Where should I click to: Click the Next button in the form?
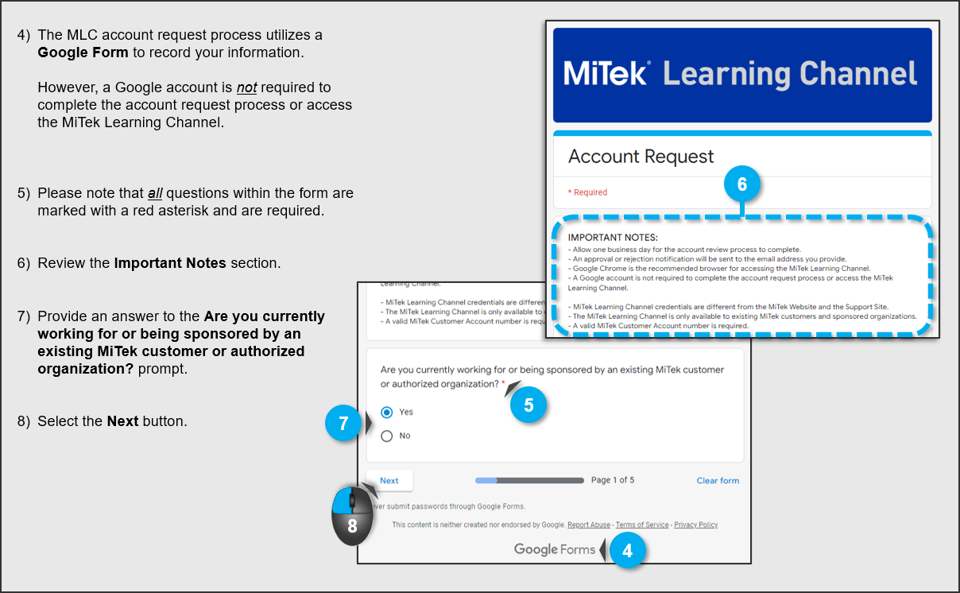(x=389, y=480)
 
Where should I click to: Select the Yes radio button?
(x=387, y=412)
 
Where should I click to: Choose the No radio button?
(x=387, y=436)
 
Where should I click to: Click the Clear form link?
(x=718, y=480)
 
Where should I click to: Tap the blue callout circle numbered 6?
(x=742, y=184)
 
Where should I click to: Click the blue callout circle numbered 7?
(x=343, y=424)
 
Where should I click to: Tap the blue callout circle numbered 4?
(x=628, y=550)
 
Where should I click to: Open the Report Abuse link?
(x=589, y=525)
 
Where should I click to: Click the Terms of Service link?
(x=642, y=525)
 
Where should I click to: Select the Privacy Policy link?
(x=695, y=525)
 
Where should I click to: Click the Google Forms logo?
(x=555, y=549)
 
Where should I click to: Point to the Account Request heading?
(x=641, y=157)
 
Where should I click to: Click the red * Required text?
(x=587, y=192)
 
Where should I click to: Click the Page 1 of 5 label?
(x=613, y=480)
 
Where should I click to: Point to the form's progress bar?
(x=529, y=480)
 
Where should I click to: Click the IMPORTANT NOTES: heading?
(x=613, y=237)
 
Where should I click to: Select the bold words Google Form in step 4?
(x=83, y=52)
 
